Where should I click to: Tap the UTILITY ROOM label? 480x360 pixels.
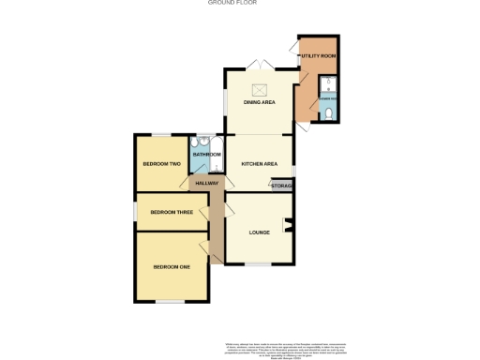tap(319, 56)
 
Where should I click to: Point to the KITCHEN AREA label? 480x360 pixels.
tap(260, 164)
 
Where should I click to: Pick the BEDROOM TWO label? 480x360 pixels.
tap(160, 164)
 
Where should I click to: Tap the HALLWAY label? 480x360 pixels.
tap(206, 183)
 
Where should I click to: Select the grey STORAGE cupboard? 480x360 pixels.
tap(281, 186)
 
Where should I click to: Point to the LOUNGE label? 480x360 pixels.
tap(260, 232)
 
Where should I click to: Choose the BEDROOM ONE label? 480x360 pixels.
tap(172, 268)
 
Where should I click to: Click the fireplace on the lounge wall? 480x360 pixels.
tap(289, 224)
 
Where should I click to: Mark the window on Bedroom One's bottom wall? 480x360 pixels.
tap(170, 302)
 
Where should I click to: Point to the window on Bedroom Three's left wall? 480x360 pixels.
tap(135, 212)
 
